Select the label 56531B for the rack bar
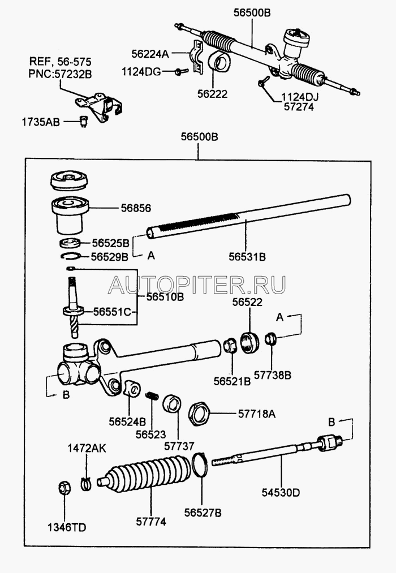(247, 256)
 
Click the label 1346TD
(67, 528)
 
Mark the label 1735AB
(41, 121)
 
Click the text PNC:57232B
(61, 72)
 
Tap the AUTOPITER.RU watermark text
(197, 285)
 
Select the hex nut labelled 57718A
(199, 413)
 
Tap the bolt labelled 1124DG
(179, 71)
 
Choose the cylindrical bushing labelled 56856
(71, 216)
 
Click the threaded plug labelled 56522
(249, 342)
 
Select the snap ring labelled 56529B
(68, 257)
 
